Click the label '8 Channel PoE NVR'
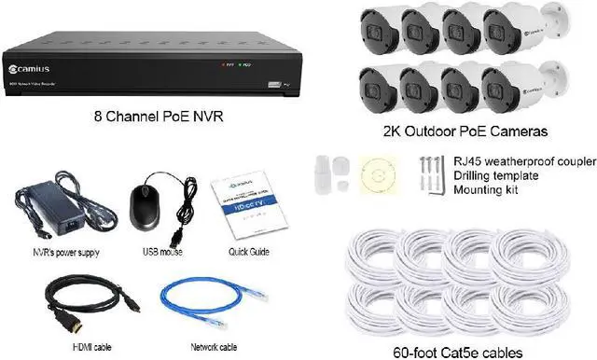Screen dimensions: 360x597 pos(156,117)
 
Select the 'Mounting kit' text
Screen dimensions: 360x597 pos(481,188)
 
